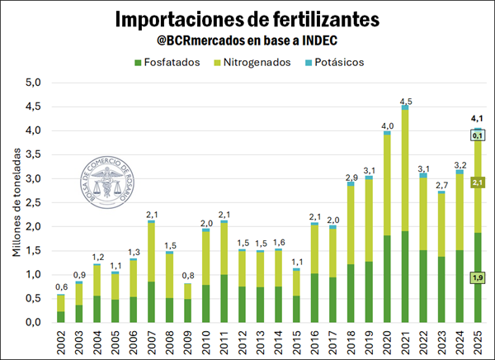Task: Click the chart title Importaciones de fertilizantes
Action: [x=247, y=18]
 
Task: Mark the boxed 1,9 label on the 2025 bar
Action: [x=477, y=278]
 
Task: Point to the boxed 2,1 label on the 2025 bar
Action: [x=477, y=182]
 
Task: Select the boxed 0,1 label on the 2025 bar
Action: [x=477, y=135]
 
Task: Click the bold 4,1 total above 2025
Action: [x=477, y=117]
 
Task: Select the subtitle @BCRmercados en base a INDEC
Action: [x=247, y=40]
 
